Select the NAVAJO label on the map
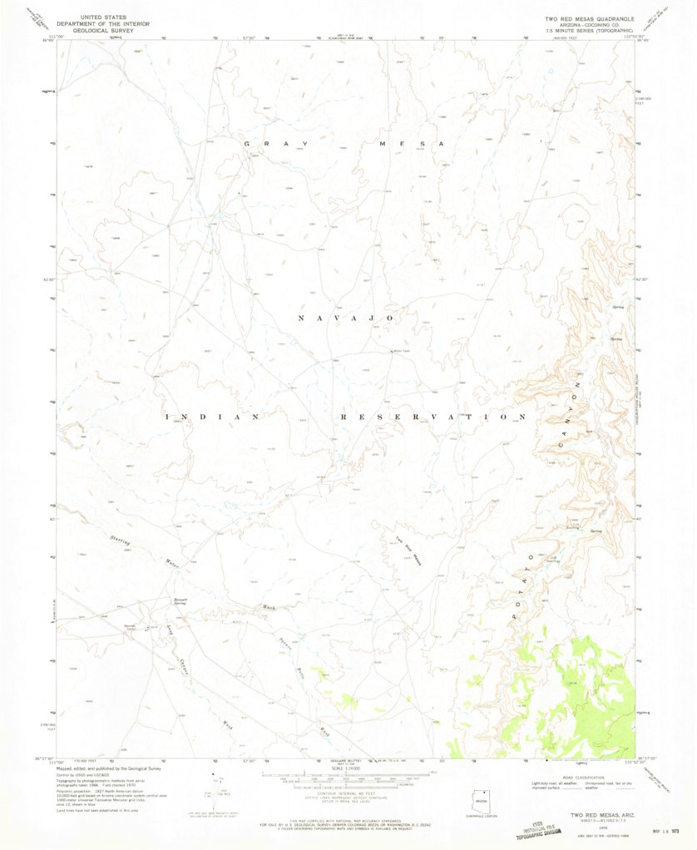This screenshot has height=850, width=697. (x=344, y=319)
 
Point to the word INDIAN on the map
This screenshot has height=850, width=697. (x=213, y=417)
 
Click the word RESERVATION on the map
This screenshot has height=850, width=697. (x=433, y=416)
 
